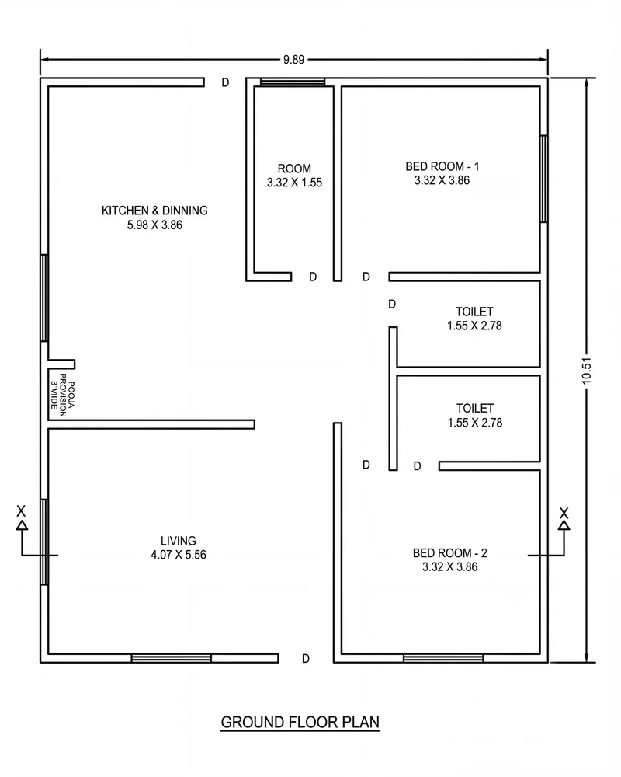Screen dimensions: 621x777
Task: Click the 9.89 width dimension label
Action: (293, 60)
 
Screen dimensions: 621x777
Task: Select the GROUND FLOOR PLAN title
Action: (300, 723)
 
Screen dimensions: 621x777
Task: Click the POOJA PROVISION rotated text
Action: (63, 395)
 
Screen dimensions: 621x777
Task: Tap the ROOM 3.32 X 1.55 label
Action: (295, 176)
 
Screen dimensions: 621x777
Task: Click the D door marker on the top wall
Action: (225, 83)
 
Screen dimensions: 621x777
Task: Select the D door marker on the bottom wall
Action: (306, 659)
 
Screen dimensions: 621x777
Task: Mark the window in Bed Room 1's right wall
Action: (543, 179)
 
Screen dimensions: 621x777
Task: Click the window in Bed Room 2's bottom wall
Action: (443, 659)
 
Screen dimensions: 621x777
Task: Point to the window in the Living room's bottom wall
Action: (172, 659)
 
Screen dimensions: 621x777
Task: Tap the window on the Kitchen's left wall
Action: (44, 298)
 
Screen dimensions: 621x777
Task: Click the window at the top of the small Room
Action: (293, 82)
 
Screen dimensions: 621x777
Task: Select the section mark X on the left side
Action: (21, 511)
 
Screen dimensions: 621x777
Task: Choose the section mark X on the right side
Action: (564, 513)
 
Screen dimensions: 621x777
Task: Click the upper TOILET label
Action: (474, 312)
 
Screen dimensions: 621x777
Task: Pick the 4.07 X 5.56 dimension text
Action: (179, 555)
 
